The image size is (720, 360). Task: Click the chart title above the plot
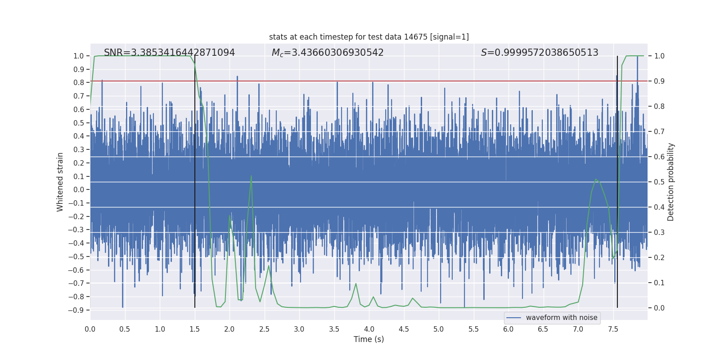pos(369,37)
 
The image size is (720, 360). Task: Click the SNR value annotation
pos(169,53)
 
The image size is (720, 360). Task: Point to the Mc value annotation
pos(328,53)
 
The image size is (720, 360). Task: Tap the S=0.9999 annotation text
pos(540,53)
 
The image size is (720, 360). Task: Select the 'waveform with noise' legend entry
pos(552,318)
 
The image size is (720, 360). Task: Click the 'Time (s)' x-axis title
pos(369,339)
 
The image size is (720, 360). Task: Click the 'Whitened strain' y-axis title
pos(60,182)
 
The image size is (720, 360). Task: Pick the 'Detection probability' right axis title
pos(671,182)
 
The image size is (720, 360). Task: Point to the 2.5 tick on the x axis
pos(264,329)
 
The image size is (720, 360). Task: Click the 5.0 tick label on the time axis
pos(438,329)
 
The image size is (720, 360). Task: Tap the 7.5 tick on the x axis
pos(613,329)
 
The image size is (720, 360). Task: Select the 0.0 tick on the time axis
pos(90,329)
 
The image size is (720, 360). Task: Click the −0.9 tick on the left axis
pos(76,310)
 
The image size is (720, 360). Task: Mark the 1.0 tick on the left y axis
pos(78,56)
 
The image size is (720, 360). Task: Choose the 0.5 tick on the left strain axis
pos(78,123)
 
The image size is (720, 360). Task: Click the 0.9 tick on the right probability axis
pos(659,81)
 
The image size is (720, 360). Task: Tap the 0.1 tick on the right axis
pos(659,283)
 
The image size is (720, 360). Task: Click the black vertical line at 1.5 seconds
pos(195,180)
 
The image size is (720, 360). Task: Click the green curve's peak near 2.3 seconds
pos(251,176)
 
